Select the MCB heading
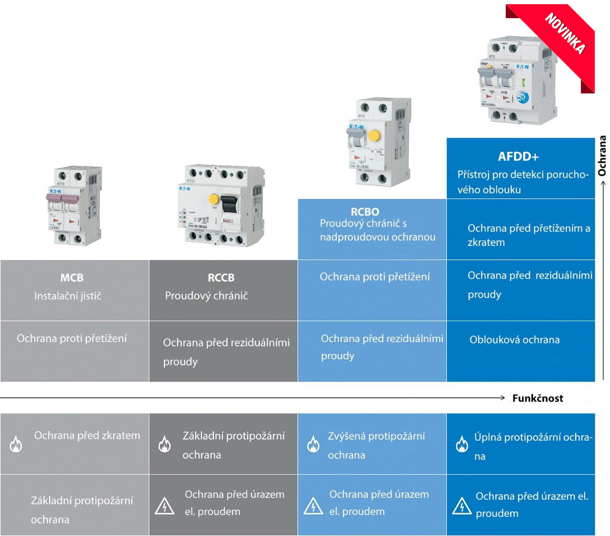coord(72,278)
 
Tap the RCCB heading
coord(221,278)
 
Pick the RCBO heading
coord(365,212)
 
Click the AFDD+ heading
coord(518,157)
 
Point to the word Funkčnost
coord(538,398)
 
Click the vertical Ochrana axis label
coord(602,156)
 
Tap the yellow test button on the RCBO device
coord(375,136)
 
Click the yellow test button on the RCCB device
coord(214,199)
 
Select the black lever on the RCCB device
coord(229,203)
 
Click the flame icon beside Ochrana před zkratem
coord(16,444)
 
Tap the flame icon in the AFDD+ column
coord(462,444)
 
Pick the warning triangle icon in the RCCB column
coord(164,506)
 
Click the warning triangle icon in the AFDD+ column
coord(462,506)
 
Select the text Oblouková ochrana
coord(515,340)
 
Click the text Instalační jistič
coord(68,296)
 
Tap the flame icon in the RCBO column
coord(313,444)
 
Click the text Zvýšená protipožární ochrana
coord(376,445)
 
